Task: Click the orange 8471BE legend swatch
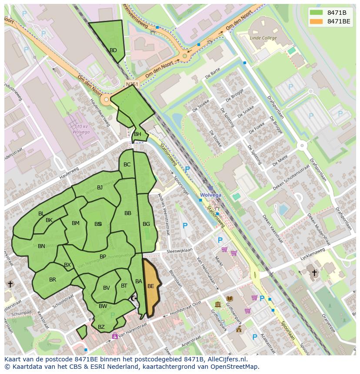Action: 317,21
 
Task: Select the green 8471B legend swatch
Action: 317,13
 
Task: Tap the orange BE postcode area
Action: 151,286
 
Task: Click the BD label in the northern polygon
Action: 113,50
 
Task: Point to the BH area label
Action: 137,134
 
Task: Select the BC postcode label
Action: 127,165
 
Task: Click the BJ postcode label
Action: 100,188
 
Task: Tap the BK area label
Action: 49,220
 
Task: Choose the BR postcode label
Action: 53,280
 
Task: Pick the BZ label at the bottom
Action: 101,327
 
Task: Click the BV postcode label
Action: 107,288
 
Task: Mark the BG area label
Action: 146,224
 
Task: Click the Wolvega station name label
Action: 210,195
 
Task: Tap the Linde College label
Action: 263,38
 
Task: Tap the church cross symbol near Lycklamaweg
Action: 314,273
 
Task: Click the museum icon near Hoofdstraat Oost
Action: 217,304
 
